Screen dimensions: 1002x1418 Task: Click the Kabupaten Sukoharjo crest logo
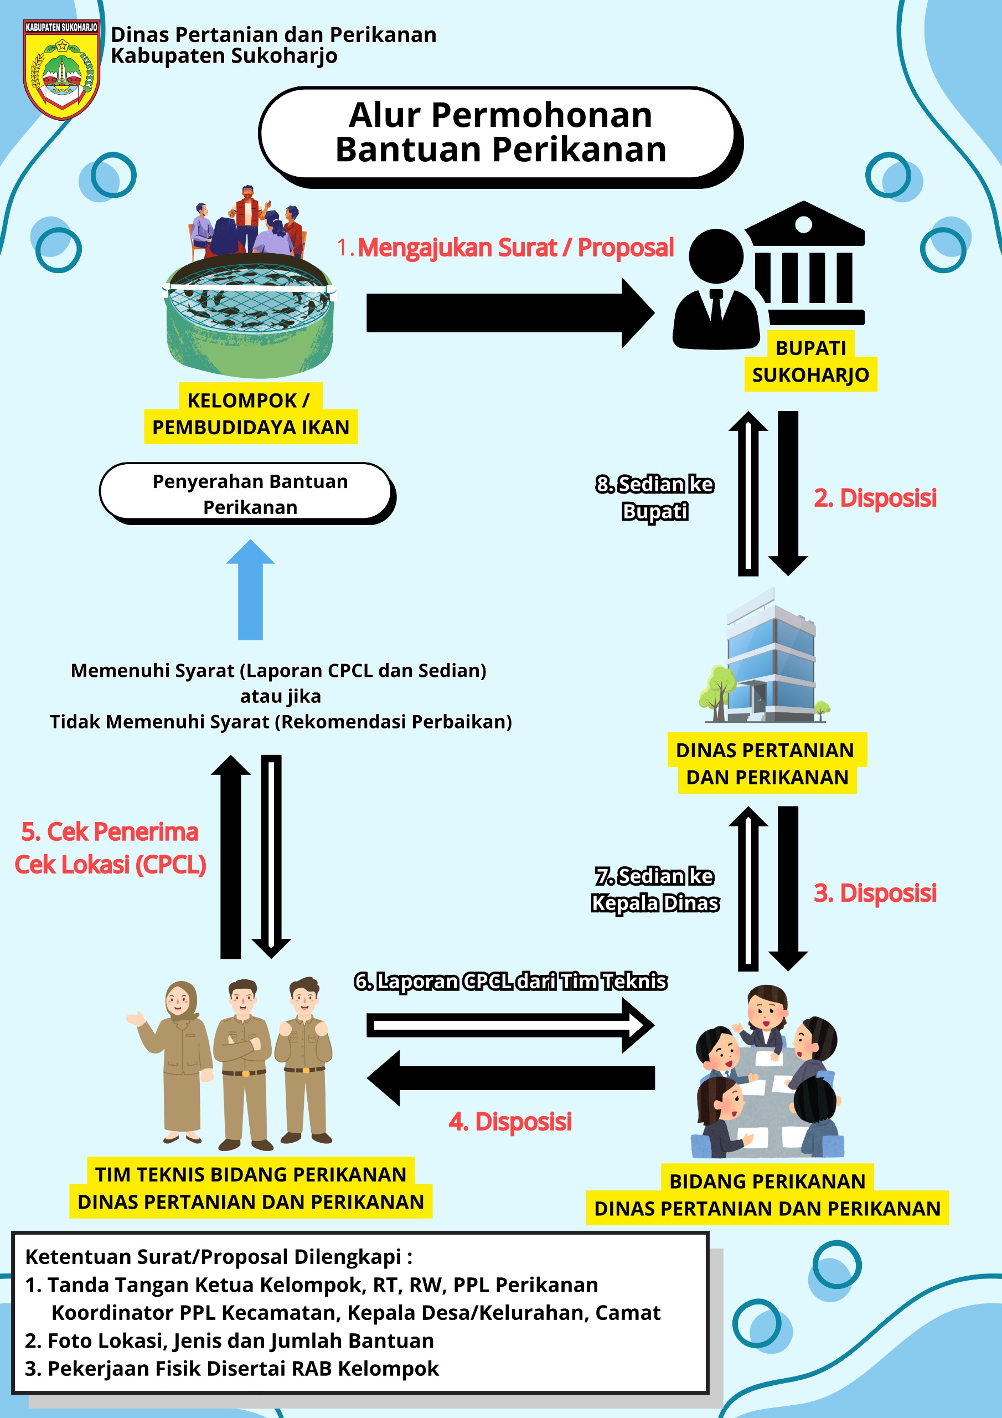(61, 69)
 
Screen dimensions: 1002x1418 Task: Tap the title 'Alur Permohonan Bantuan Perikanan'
(500, 132)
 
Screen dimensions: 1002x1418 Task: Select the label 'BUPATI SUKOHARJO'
(810, 361)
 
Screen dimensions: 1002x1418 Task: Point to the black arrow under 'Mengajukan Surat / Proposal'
(510, 312)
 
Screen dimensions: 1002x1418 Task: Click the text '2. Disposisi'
(875, 498)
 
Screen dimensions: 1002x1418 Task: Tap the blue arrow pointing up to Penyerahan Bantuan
(250, 589)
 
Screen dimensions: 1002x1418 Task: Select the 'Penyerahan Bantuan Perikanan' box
(247, 494)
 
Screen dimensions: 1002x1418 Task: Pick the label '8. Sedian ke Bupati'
(655, 498)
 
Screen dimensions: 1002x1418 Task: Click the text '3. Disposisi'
(875, 893)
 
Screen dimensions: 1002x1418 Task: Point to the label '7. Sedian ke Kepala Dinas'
(655, 890)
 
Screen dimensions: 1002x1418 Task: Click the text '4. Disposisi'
(510, 1122)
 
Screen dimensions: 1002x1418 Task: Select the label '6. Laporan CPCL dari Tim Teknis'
(510, 982)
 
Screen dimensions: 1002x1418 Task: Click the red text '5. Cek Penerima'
(110, 832)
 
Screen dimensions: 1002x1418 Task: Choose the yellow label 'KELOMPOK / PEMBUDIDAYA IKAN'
(250, 413)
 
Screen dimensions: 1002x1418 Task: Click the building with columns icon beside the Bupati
(804, 263)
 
